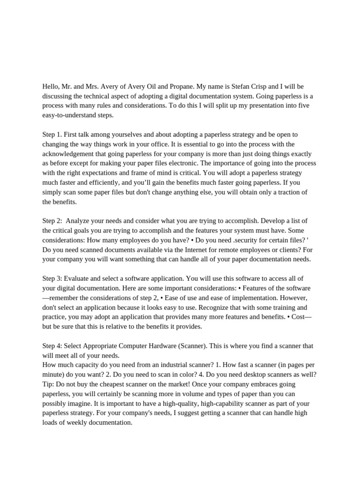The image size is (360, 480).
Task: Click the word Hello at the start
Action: pyautogui.click(x=52, y=87)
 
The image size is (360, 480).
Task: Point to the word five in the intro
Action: pyautogui.click(x=302, y=105)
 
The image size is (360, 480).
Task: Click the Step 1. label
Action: pyautogui.click(x=52, y=135)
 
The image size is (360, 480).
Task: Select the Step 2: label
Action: pyautogui.click(x=52, y=221)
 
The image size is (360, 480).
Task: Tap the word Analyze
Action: pyautogui.click(x=79, y=221)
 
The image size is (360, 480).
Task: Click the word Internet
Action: pyautogui.click(x=187, y=249)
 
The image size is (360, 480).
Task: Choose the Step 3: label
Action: pyautogui.click(x=52, y=278)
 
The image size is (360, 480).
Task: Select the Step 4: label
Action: pyautogui.click(x=52, y=346)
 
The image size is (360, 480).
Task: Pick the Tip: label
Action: pyautogui.click(x=48, y=384)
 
